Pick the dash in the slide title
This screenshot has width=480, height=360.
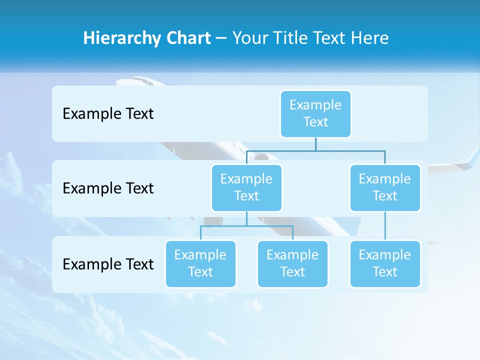[x=221, y=38]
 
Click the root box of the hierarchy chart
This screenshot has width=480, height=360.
[x=315, y=113]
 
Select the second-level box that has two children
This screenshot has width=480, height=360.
[x=246, y=187]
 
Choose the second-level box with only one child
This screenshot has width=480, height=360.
[x=384, y=187]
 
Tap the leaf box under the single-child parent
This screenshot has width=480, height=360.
[x=384, y=263]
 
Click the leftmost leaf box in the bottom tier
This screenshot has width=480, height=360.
[x=200, y=263]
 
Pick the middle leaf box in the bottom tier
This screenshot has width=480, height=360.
[x=292, y=263]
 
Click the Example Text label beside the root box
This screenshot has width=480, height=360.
[x=108, y=113]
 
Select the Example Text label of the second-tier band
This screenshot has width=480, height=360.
[x=108, y=188]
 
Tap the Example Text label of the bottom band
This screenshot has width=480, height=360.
[x=108, y=264]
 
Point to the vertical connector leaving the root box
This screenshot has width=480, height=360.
[x=315, y=144]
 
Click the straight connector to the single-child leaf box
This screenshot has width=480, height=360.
[x=384, y=226]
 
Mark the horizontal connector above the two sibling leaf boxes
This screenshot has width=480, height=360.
[x=246, y=226]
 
